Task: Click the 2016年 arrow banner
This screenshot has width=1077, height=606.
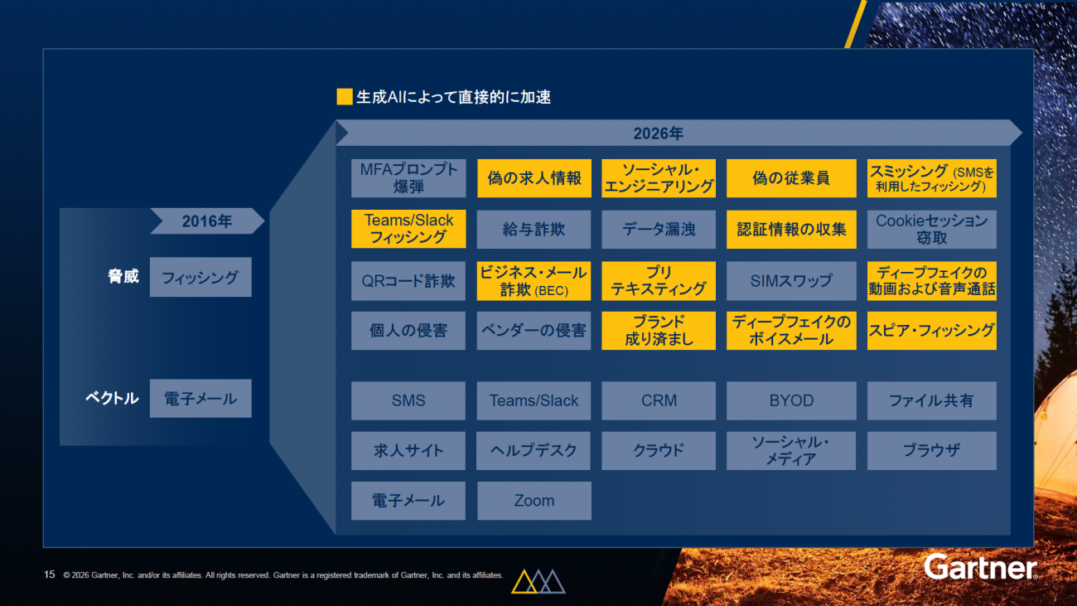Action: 207,221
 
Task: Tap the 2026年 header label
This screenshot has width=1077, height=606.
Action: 658,133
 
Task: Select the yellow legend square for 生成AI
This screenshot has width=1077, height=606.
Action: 345,97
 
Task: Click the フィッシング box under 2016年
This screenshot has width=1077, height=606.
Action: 200,277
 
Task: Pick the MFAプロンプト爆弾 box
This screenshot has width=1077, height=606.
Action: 408,178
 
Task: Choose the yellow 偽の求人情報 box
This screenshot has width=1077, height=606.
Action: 534,178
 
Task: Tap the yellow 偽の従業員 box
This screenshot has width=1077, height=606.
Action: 791,178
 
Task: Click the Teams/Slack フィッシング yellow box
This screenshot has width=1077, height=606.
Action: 408,229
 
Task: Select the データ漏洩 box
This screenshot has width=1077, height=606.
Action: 659,229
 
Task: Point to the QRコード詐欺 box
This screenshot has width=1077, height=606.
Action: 408,281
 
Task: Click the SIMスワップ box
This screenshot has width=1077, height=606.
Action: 791,281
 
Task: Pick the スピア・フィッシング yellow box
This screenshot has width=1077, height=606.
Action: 931,331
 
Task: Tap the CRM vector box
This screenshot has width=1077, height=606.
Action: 659,400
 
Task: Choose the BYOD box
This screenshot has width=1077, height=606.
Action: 791,400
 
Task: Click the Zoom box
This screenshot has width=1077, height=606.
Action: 534,501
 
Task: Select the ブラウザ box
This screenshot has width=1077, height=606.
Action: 931,451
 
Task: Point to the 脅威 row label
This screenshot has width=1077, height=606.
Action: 123,276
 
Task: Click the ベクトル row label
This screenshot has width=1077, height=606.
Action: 112,398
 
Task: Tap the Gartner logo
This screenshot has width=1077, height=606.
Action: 981,567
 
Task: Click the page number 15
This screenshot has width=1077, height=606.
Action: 50,574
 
